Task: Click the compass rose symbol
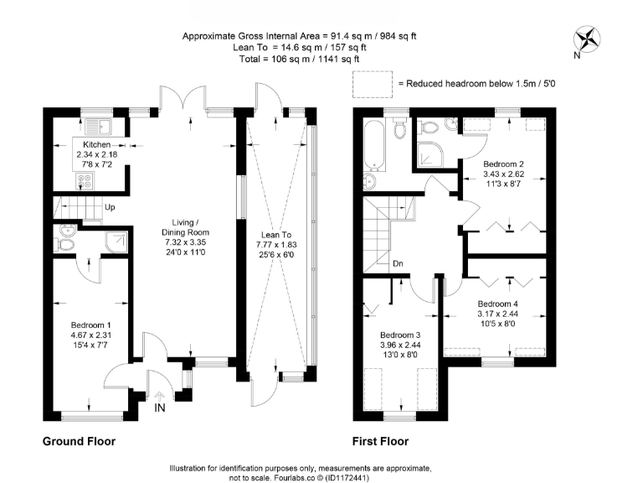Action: click(587, 40)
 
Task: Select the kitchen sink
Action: click(98, 127)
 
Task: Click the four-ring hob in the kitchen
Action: click(85, 181)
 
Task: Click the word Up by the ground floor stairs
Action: click(110, 207)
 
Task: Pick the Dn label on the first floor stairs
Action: click(398, 263)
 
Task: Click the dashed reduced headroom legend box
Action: click(373, 84)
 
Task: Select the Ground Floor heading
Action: click(80, 442)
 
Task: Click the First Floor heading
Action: click(381, 442)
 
